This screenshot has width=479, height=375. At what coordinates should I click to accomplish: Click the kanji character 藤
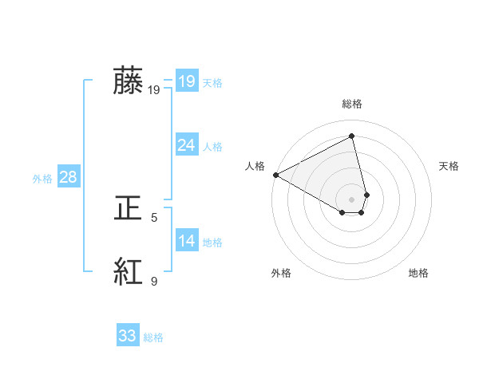(x=128, y=81)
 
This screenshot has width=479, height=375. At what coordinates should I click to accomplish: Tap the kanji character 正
(x=128, y=208)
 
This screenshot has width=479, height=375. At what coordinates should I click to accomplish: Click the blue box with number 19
(x=186, y=81)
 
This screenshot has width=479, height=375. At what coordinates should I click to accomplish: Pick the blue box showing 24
(x=186, y=145)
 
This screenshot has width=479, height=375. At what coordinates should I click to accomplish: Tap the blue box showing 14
(x=186, y=241)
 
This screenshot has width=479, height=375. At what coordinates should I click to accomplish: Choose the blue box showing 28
(x=68, y=177)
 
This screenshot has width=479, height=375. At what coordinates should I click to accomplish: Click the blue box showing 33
(x=127, y=336)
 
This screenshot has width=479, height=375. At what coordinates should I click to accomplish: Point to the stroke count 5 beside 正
(x=154, y=217)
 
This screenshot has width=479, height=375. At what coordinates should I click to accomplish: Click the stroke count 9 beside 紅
(x=154, y=281)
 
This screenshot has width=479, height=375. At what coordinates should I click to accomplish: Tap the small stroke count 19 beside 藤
(x=154, y=90)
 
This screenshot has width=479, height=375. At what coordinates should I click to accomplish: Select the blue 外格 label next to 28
(x=42, y=179)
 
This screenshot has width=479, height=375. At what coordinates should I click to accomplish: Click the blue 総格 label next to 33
(x=153, y=337)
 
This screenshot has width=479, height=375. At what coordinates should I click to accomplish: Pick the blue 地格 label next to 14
(x=212, y=243)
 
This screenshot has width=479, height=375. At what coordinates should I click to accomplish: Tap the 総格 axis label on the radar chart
(x=352, y=104)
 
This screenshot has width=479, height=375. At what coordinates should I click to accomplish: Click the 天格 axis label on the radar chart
(x=449, y=166)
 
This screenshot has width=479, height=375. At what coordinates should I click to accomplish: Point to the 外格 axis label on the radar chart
(x=281, y=273)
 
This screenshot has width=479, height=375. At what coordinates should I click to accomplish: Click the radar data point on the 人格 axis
(x=275, y=175)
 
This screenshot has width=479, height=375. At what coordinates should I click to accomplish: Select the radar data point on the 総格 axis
(x=352, y=136)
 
